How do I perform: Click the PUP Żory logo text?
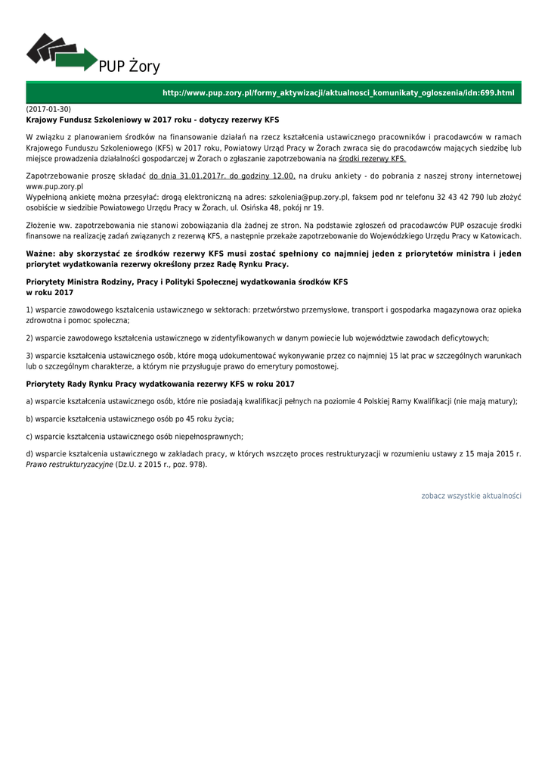[129, 67]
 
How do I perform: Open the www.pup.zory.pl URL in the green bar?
[338, 93]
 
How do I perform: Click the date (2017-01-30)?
[48, 110]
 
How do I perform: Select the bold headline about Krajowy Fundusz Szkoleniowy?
[153, 120]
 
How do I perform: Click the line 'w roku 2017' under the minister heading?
[50, 292]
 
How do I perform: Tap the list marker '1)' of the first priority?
[30, 310]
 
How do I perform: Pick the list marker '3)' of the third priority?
[30, 356]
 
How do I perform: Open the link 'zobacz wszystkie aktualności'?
[471, 496]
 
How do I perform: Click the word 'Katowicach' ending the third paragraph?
[499, 236]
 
